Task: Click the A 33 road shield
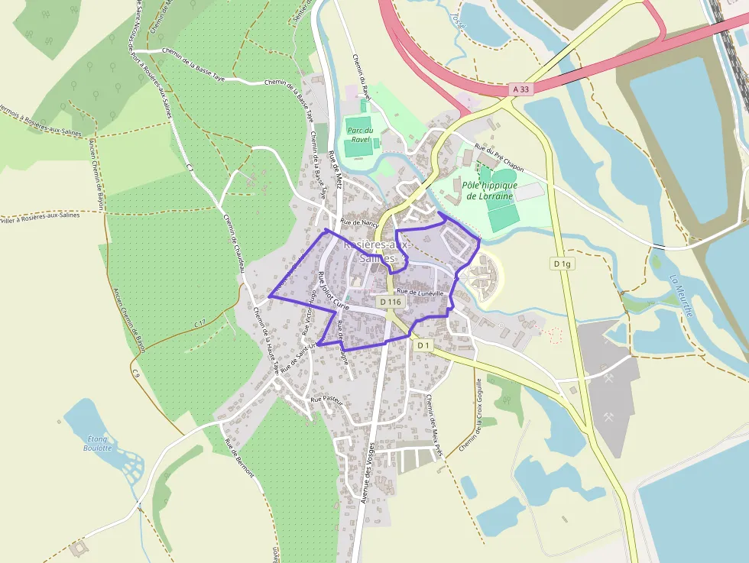pyautogui.click(x=520, y=89)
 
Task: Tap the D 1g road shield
pyautogui.click(x=562, y=264)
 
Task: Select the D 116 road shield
pyautogui.click(x=390, y=302)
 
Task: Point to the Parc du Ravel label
pyautogui.click(x=359, y=134)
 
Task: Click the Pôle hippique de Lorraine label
pyautogui.click(x=490, y=190)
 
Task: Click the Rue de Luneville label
pyautogui.click(x=420, y=293)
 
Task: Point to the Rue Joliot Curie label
pyautogui.click(x=333, y=291)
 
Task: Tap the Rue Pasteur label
pyautogui.click(x=325, y=399)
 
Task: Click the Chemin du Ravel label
pyautogui.click(x=360, y=77)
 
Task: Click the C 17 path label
pyautogui.click(x=199, y=324)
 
